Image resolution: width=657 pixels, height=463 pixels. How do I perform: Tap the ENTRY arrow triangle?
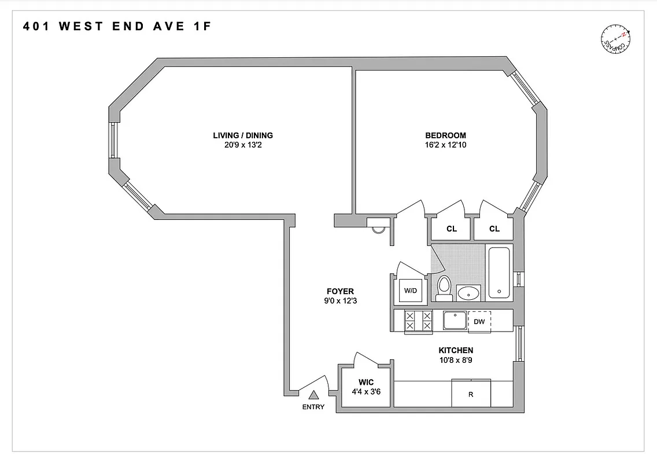(313, 395)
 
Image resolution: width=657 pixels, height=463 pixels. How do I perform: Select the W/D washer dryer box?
(411, 291)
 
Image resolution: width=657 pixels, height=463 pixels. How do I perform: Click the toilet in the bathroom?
(444, 288)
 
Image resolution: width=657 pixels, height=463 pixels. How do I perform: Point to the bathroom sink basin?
(468, 293)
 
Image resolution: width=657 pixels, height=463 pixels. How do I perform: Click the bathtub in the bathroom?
(499, 272)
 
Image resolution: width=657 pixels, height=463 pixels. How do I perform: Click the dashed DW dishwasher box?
(479, 321)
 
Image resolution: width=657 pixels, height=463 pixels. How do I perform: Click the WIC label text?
(366, 383)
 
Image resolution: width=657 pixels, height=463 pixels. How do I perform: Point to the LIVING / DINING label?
(243, 135)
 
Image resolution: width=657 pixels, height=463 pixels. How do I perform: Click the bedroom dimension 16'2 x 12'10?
(445, 145)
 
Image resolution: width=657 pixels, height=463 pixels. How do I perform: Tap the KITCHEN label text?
(456, 350)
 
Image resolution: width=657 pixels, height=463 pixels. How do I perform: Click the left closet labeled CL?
(452, 229)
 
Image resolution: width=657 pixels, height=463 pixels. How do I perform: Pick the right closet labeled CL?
(494, 229)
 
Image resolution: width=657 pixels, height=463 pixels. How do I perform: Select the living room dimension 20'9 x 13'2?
(243, 145)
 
